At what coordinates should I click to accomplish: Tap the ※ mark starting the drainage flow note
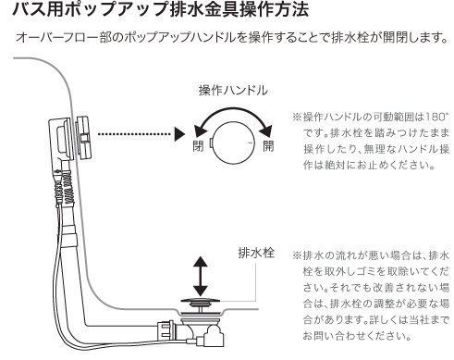296,254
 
